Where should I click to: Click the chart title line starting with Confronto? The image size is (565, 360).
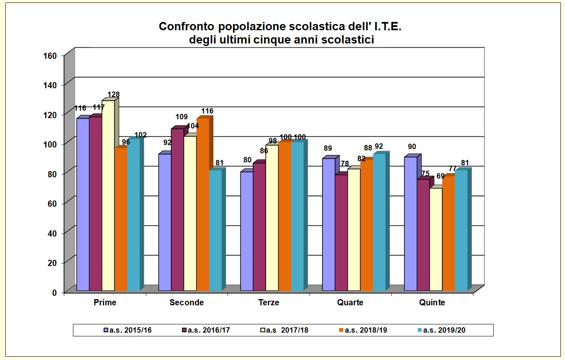[280, 27]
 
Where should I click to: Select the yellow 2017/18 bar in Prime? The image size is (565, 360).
[108, 195]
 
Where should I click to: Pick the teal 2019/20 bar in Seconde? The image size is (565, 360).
[215, 230]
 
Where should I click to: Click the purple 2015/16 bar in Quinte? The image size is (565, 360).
[410, 224]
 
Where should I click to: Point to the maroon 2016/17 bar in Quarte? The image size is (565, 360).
[341, 232]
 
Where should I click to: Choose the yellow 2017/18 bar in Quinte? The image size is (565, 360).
[436, 239]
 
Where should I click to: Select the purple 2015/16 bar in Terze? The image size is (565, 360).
[247, 231]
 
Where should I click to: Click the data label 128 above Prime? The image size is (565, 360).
[114, 94]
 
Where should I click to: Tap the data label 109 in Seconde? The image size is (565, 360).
[181, 117]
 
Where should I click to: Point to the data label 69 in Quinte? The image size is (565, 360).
[440, 176]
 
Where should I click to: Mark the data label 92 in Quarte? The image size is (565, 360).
[379, 146]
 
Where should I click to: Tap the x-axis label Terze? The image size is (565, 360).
[269, 302]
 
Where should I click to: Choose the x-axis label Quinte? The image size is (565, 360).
[432, 302]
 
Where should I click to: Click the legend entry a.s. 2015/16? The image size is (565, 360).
[129, 330]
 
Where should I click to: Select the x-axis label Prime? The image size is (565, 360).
[105, 302]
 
